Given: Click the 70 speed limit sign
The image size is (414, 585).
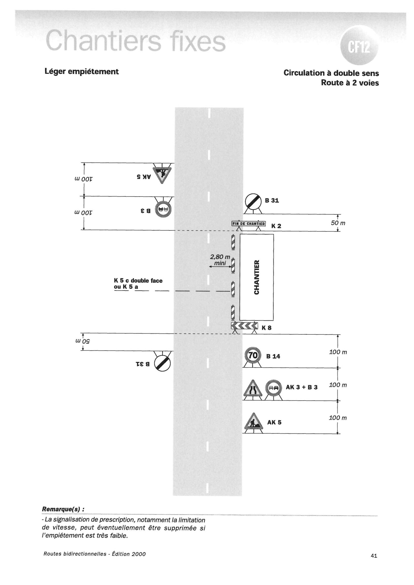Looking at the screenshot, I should pos(253,355).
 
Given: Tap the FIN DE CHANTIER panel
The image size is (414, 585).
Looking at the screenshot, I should pos(248,223).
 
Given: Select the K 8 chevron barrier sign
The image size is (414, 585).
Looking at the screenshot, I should pos(245,325).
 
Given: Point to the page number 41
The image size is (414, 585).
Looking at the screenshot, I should pos(374,555).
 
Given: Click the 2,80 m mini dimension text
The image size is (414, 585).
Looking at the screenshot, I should pos(220,260).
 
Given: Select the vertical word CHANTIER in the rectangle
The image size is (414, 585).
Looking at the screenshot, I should pos(256,277).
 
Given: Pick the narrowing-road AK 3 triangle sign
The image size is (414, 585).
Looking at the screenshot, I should pos(253,389).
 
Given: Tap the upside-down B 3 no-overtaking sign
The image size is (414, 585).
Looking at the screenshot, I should pos(163,209).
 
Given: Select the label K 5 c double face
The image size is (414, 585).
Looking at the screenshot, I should pos(138,281).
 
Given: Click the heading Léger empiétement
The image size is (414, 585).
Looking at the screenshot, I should pos(82,71).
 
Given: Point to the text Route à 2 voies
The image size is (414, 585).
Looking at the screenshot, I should pos(350,83).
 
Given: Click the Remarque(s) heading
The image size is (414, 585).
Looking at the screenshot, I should pos(63,509).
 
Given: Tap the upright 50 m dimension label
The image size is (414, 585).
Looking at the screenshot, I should pos(338,223).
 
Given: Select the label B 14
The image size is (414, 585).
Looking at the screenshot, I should pos(273,356).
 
